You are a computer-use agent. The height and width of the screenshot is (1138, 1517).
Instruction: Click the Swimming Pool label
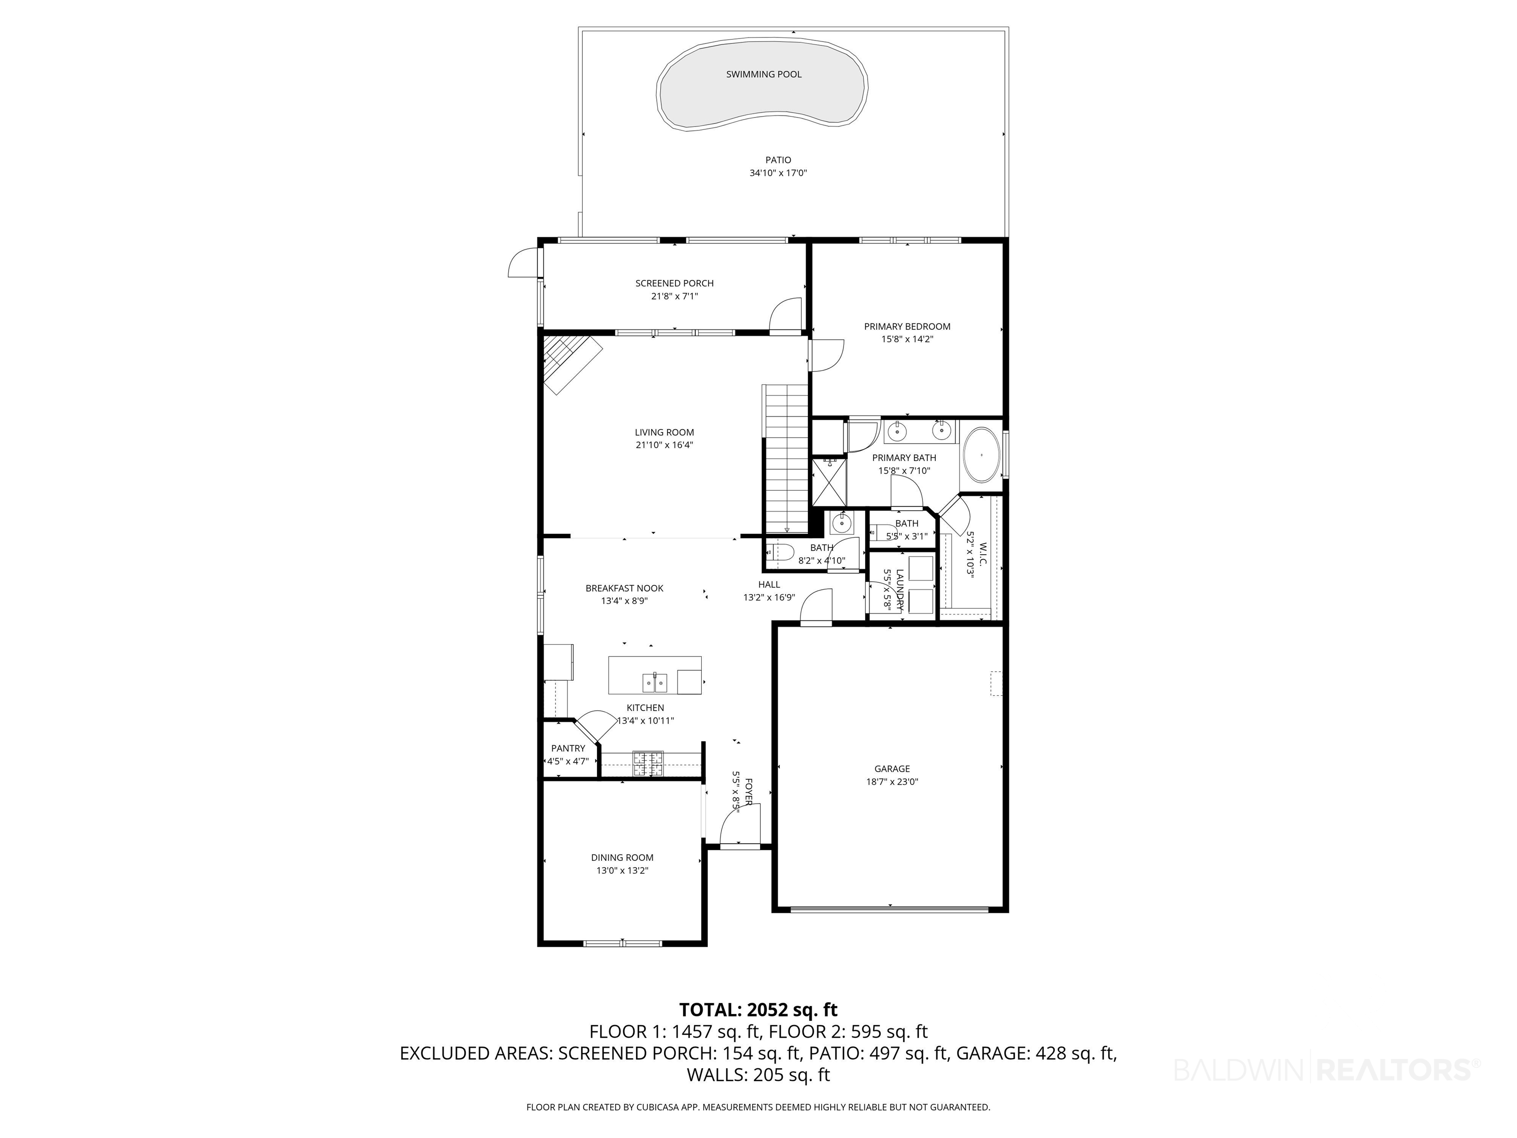(x=763, y=74)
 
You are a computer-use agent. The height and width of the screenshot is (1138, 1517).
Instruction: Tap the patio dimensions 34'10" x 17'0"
(x=778, y=173)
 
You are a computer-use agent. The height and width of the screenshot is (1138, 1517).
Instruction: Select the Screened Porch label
(x=674, y=284)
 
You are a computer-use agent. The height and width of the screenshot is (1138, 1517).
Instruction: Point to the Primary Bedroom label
(x=907, y=326)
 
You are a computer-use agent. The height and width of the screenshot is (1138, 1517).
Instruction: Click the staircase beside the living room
(x=787, y=458)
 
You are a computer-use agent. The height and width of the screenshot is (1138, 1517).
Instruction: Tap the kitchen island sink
(x=654, y=683)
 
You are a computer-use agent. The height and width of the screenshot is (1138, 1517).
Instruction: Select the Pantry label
(x=568, y=748)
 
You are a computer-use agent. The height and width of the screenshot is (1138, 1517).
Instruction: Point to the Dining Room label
(x=622, y=857)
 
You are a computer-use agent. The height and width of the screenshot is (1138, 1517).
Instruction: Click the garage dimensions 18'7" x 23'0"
(x=891, y=781)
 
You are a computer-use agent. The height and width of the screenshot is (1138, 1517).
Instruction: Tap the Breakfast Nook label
(x=624, y=588)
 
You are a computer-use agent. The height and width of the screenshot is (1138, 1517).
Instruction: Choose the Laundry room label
(x=900, y=590)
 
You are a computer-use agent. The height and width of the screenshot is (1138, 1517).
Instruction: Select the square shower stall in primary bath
(x=829, y=482)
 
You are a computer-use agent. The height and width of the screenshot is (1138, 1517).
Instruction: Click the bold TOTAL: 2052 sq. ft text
(x=758, y=1010)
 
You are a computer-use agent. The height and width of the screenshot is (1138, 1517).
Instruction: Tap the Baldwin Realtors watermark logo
(x=1327, y=1069)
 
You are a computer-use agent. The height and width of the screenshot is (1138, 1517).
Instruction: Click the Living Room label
(x=664, y=432)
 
